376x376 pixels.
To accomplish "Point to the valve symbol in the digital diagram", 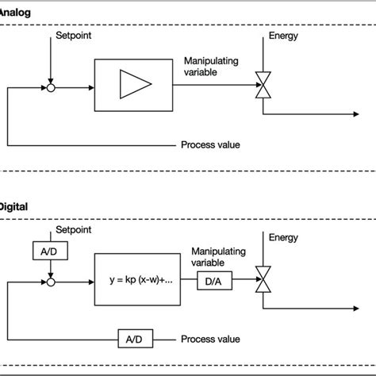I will [x=259, y=279].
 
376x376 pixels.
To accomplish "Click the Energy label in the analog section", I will [x=285, y=36].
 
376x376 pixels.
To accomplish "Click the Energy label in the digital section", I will [x=285, y=236].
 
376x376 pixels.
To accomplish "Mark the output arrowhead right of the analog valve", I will [x=350, y=115].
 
